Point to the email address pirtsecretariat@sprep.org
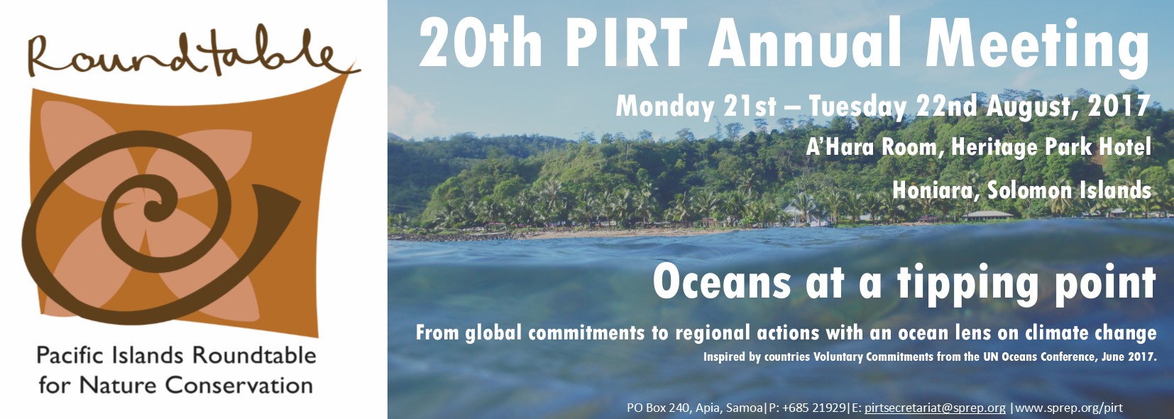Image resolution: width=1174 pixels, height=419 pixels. tap(935, 408)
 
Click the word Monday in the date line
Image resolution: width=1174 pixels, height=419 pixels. tap(664, 107)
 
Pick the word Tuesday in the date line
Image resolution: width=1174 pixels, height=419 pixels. tap(857, 107)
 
